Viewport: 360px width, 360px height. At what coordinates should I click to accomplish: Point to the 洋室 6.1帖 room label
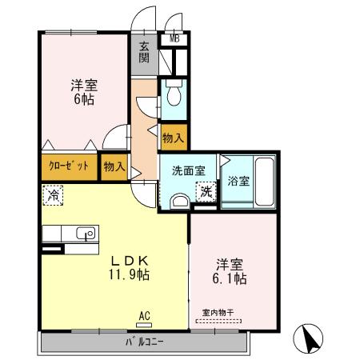point(230,270)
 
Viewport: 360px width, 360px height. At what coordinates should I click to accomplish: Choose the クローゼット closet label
point(68,166)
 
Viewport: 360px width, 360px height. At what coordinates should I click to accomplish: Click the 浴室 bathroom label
point(238,181)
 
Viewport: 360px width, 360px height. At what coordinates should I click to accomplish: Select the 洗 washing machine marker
point(206,192)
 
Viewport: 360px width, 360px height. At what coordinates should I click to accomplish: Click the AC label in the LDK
point(144,315)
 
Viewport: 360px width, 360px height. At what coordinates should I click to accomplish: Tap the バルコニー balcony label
point(144,343)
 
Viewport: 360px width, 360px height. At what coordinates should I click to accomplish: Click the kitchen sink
point(82,234)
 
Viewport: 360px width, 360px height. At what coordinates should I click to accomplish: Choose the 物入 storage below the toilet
point(174,138)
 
